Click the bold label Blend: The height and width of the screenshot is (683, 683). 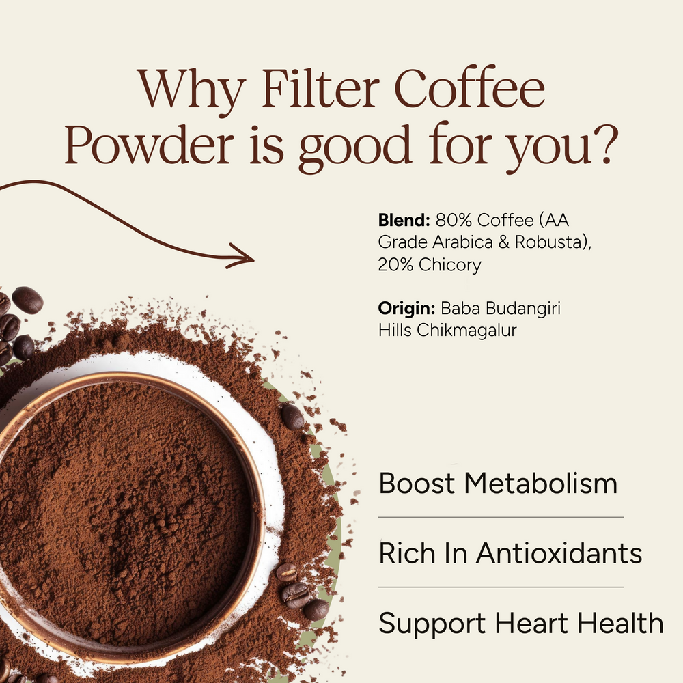(x=404, y=221)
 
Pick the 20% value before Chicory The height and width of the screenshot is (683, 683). (x=396, y=265)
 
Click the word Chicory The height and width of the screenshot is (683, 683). (x=450, y=265)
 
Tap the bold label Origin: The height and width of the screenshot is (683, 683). (x=407, y=309)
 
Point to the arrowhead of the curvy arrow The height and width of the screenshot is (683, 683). (x=247, y=259)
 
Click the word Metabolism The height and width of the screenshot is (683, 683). (x=541, y=484)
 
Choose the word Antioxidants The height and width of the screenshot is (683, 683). (x=559, y=553)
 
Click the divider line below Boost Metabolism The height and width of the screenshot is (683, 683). (x=501, y=517)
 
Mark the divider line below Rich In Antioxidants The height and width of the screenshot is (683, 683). (x=501, y=587)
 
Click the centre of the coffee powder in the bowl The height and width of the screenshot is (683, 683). (x=123, y=505)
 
